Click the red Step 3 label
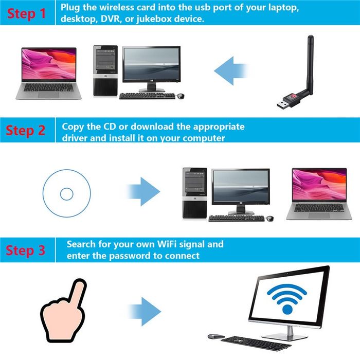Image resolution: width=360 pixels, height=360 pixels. click(x=26, y=250)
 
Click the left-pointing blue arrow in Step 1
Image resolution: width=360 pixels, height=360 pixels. click(x=231, y=71)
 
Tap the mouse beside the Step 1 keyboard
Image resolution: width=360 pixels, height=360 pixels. click(x=181, y=96)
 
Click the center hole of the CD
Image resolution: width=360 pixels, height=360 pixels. click(x=67, y=194)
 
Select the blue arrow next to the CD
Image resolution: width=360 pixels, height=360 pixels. click(x=143, y=191)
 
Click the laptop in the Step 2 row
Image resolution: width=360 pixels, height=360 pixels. click(x=318, y=193)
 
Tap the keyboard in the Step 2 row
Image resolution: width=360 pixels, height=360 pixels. click(x=237, y=218)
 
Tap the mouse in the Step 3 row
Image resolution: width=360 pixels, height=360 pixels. click(x=215, y=336)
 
